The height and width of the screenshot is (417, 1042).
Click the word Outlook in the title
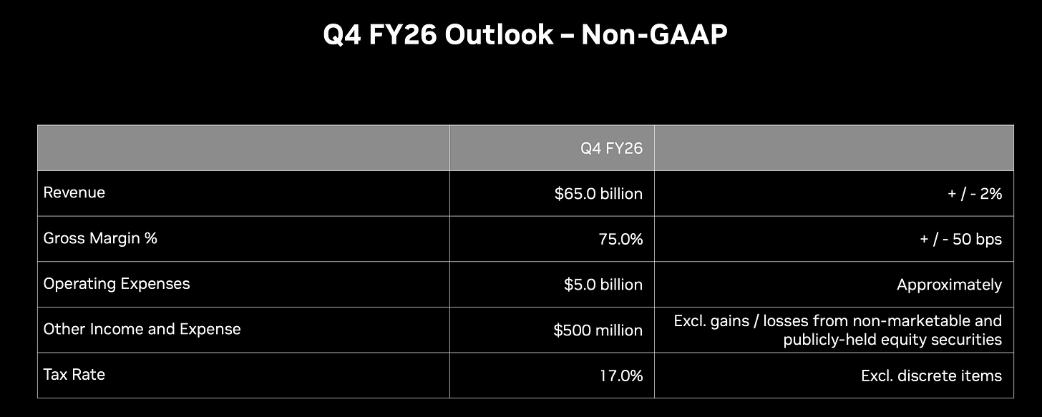[x=499, y=34]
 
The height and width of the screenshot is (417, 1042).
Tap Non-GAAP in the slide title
[x=654, y=34]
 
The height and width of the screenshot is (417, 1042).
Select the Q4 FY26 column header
[x=611, y=148]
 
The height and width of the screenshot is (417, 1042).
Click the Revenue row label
[x=74, y=192]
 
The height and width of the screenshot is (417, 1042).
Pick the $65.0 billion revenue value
[x=598, y=193]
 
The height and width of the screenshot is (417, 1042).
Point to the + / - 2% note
[x=975, y=193]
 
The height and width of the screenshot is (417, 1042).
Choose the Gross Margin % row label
[x=100, y=238]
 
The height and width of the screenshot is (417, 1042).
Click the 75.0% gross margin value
[x=620, y=239]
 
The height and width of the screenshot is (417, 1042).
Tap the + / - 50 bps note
[x=960, y=239]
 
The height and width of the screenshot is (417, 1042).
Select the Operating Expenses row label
[x=116, y=283]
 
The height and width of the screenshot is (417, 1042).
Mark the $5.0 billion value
[x=603, y=285]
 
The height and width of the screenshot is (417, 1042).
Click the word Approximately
[x=949, y=285]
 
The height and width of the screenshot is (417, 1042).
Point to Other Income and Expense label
[x=142, y=329]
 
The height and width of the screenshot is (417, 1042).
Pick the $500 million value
[x=598, y=330]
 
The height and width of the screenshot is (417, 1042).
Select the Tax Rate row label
[x=74, y=374]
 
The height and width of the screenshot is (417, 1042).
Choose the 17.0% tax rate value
[x=621, y=376]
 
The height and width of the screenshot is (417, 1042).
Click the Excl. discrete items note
[x=931, y=376]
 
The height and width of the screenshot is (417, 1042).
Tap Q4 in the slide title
[x=342, y=35]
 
